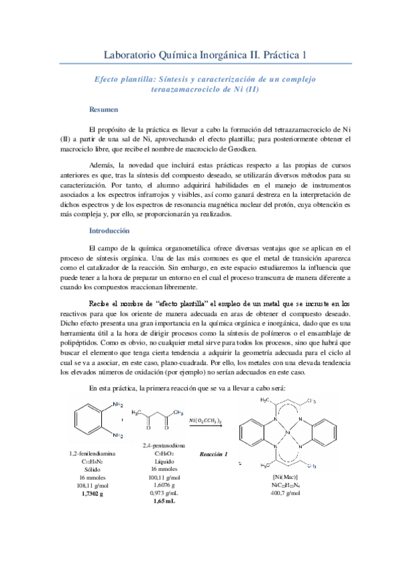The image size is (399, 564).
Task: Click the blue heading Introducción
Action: [x=109, y=230]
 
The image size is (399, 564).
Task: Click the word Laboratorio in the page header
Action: [x=136, y=54]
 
